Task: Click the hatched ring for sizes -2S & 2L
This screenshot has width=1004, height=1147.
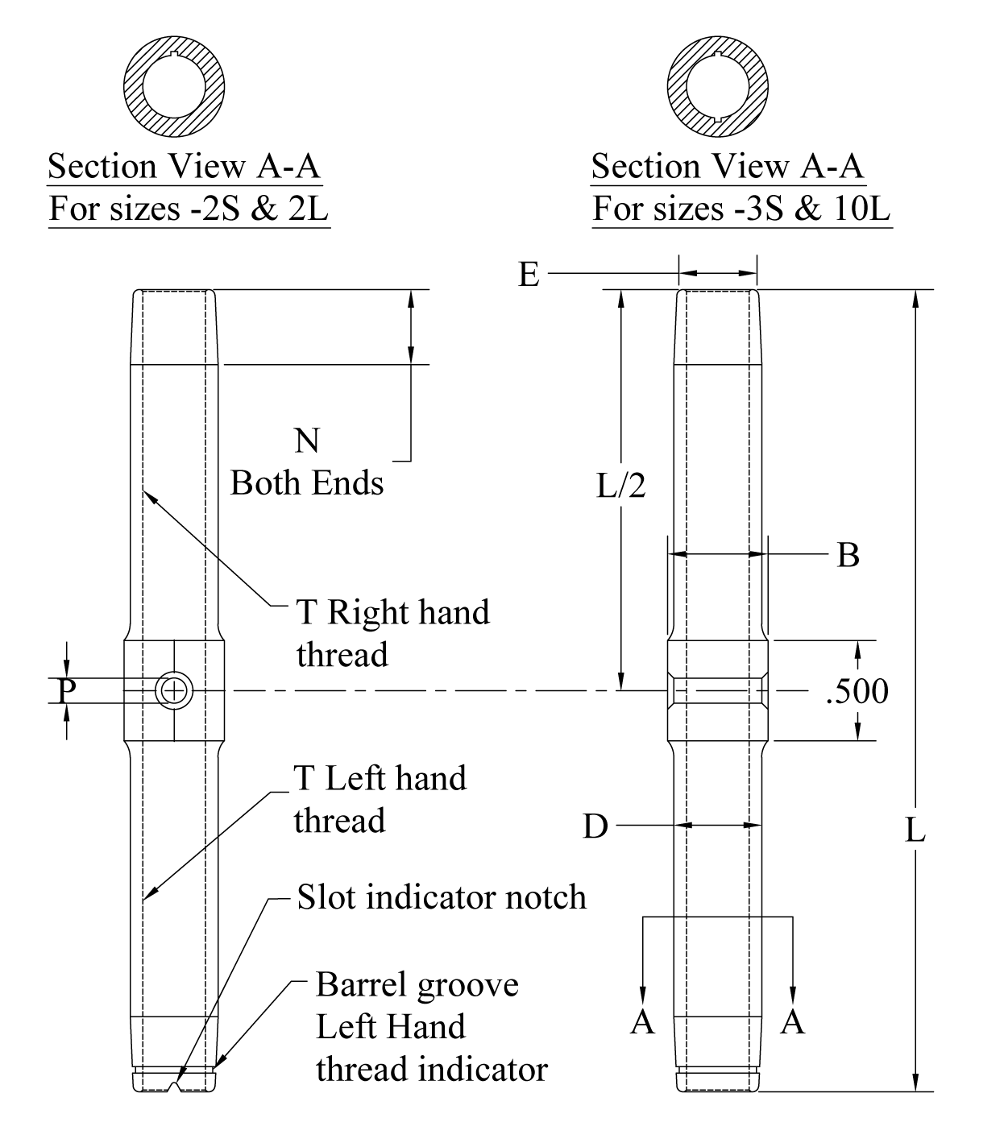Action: click(135, 87)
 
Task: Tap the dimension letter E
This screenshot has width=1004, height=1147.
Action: click(528, 275)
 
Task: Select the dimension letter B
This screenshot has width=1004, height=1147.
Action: click(848, 555)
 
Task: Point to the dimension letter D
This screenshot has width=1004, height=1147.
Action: click(595, 826)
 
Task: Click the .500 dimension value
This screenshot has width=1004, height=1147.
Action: click(857, 692)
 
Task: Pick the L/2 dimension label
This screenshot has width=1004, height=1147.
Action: click(620, 486)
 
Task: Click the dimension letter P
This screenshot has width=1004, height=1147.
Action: click(68, 690)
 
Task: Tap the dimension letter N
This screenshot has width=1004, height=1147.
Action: click(307, 441)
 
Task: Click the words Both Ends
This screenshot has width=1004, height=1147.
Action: click(307, 483)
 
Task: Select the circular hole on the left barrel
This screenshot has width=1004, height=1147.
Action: click(173, 690)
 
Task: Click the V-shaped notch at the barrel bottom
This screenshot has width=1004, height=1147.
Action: click(175, 1088)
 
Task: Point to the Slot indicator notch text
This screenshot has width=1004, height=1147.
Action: click(442, 896)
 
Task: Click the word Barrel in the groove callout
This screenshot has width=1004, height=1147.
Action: click(360, 984)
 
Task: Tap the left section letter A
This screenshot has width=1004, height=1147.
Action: click(642, 1021)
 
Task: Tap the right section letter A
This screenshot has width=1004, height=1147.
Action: click(793, 1021)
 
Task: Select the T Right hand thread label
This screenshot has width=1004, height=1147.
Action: click(392, 633)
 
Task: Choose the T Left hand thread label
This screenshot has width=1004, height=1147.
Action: click(380, 799)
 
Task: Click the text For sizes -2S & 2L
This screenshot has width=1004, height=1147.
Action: click(189, 209)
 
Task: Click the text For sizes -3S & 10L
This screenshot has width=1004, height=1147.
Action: click(742, 209)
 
